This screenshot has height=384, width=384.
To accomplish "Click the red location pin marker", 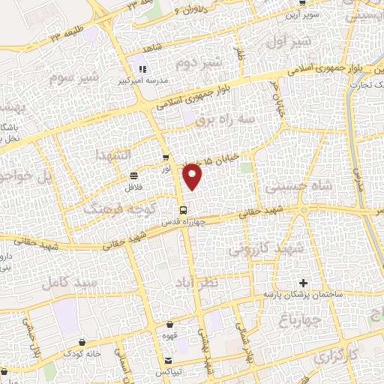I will [193, 175].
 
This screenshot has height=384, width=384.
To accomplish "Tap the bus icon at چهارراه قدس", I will [183, 209].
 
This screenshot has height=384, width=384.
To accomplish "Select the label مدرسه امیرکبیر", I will [137, 79].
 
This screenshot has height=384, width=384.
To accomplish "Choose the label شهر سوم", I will [74, 77].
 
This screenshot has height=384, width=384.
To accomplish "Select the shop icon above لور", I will [166, 157].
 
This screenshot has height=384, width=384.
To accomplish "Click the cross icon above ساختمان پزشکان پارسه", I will [303, 283].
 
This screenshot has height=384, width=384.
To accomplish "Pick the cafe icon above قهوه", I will [170, 324].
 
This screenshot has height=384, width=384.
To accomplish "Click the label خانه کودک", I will [78, 352].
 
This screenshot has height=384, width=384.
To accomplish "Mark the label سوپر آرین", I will [308, 14].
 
